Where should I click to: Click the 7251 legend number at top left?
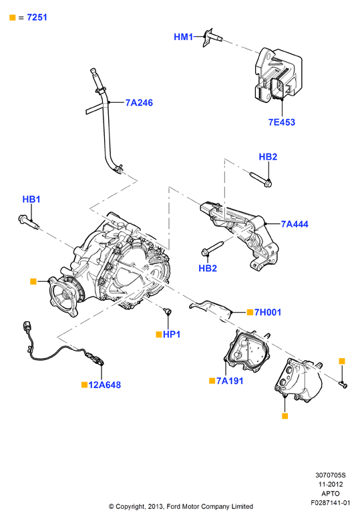[x=37, y=17]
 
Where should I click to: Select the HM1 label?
[x=183, y=37]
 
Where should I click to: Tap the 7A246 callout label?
[x=139, y=103]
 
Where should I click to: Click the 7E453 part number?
[x=282, y=122]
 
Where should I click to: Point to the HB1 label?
[x=31, y=199]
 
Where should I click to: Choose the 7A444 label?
[x=295, y=224]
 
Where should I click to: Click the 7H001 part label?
[x=268, y=313]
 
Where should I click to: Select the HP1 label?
[x=172, y=334]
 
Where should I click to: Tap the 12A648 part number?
[x=105, y=385]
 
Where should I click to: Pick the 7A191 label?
[x=230, y=381]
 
